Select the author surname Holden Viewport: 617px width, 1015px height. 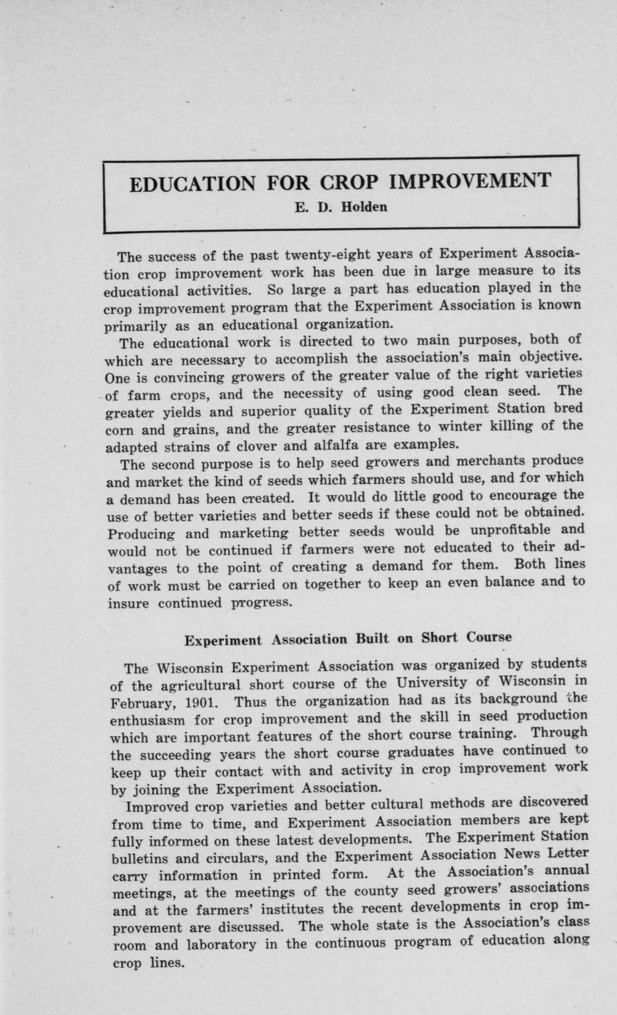(363, 207)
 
